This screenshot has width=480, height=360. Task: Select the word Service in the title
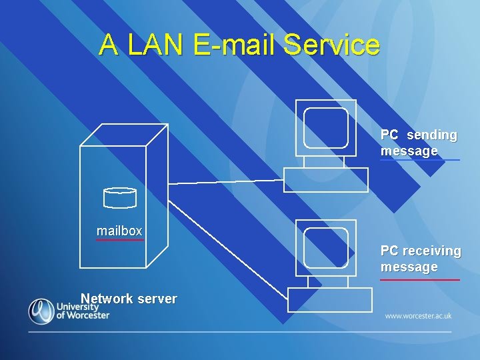pyautogui.click(x=331, y=45)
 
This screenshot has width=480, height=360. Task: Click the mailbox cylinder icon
pyautogui.click(x=120, y=197)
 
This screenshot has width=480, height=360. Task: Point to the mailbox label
pyautogui.click(x=119, y=231)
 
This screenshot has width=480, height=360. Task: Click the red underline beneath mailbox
pyautogui.click(x=119, y=240)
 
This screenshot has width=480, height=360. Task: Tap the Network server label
pyautogui.click(x=129, y=299)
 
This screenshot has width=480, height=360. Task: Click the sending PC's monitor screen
pyautogui.click(x=326, y=127)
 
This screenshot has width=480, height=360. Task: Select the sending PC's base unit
pyautogui.click(x=325, y=179)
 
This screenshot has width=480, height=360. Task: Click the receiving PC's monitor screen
pyautogui.click(x=326, y=247)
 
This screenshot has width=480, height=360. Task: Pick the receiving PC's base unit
pyautogui.click(x=329, y=300)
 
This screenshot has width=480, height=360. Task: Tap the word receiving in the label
pyautogui.click(x=431, y=251)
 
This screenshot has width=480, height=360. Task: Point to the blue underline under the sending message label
pyautogui.click(x=420, y=160)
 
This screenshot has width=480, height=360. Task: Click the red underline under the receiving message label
pyautogui.click(x=420, y=280)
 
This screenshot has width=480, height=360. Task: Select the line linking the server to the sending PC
pyautogui.click(x=227, y=181)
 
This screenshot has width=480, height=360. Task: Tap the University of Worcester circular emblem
pyautogui.click(x=41, y=311)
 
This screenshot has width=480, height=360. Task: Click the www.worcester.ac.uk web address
pyautogui.click(x=418, y=315)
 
